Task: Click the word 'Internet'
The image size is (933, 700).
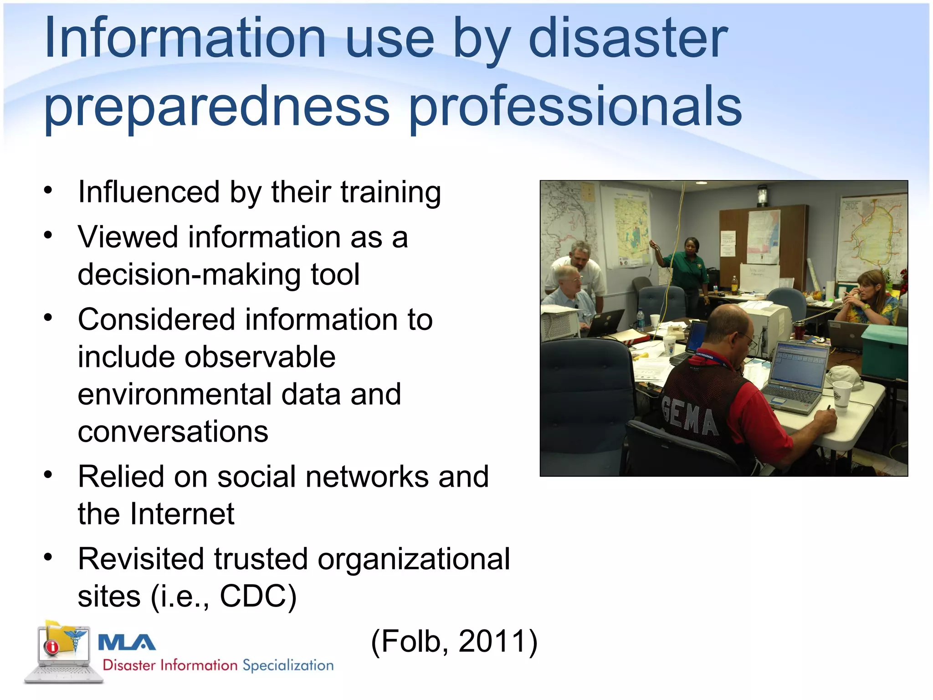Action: (x=182, y=514)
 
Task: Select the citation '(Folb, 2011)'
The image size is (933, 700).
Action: (x=454, y=642)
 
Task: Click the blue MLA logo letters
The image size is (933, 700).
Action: (x=127, y=643)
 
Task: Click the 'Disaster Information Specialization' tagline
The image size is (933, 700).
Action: (x=218, y=665)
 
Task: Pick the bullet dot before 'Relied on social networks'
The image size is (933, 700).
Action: (x=48, y=475)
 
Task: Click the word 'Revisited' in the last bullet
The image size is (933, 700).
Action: (x=141, y=559)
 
